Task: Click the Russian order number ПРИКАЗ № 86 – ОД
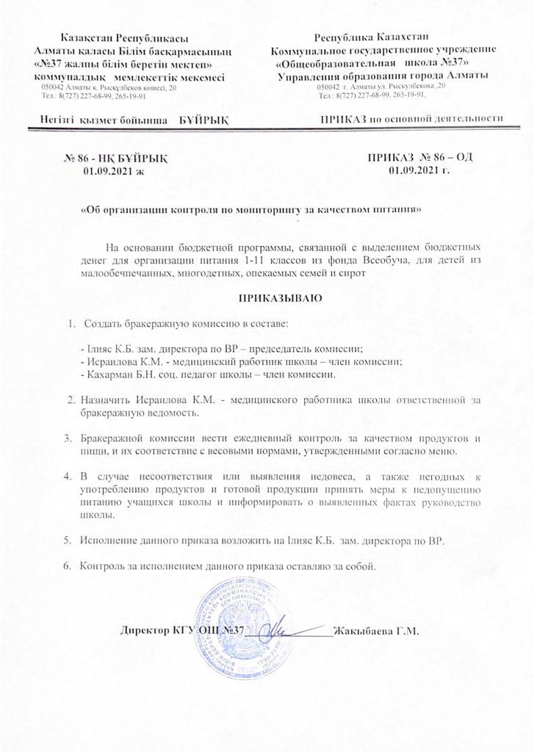[419, 157]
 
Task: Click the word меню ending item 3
[444, 449]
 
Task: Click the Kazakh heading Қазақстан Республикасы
[115, 37]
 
